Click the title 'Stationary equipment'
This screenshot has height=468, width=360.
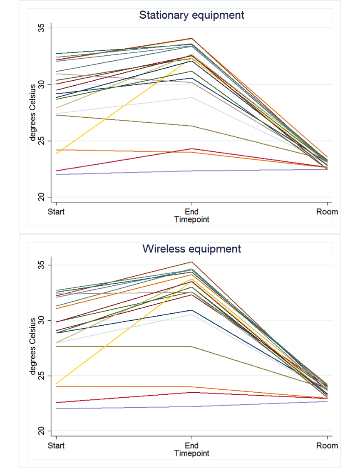pyautogui.click(x=191, y=15)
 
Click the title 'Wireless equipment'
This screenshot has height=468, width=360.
pyautogui.click(x=191, y=249)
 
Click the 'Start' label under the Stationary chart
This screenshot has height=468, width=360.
pyautogui.click(x=56, y=212)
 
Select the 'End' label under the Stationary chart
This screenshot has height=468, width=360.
pyautogui.click(x=191, y=212)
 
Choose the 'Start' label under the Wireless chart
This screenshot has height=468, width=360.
pyautogui.click(x=56, y=446)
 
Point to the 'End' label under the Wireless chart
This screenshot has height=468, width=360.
pyautogui.click(x=191, y=446)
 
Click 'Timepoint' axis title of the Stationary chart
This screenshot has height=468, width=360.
pyautogui.click(x=191, y=220)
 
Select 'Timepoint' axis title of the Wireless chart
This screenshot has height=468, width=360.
pyautogui.click(x=191, y=453)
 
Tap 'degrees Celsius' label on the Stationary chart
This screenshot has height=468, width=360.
pyautogui.click(x=33, y=112)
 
